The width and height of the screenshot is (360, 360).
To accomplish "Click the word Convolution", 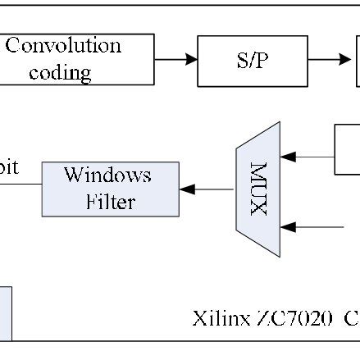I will pos(62,46).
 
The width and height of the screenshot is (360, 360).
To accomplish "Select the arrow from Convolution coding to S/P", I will pos(175,59).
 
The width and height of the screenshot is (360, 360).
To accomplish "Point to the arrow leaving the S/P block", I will pos(331,59).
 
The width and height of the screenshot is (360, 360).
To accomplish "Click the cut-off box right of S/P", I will pos(358,59).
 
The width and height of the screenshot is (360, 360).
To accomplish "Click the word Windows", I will pos(108,175).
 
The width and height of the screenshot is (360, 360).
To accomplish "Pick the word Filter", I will pos(110,201).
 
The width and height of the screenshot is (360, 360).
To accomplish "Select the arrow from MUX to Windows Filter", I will pos(207,189).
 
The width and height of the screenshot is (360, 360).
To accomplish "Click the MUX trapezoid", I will pos(258,189).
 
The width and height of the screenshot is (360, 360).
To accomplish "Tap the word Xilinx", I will pos(215,318).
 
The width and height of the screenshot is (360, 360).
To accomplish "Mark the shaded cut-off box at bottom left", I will pos(5,312).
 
